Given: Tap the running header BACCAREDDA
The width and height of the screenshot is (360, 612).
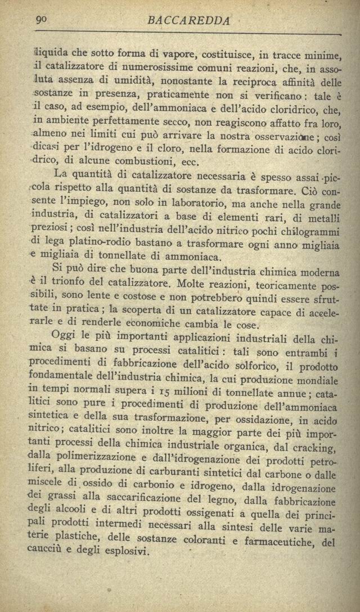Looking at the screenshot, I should [x=188, y=21].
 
